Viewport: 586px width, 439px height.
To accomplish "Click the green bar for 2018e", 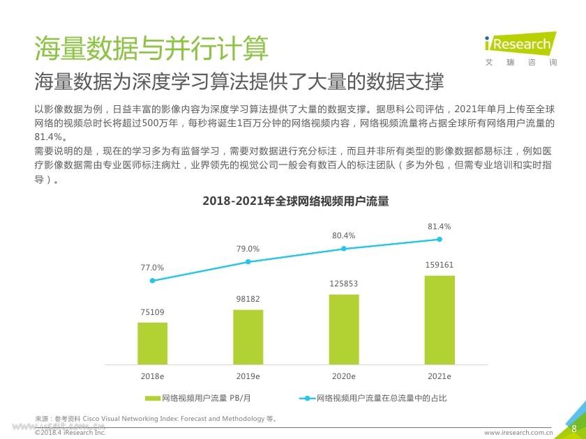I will click(x=152, y=343).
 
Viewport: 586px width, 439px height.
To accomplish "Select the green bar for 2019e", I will click(x=248, y=337).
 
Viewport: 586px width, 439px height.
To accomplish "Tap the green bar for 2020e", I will click(x=344, y=329).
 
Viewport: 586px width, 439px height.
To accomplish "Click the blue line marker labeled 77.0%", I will click(x=152, y=280).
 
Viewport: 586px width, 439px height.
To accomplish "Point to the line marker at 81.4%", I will click(x=439, y=239).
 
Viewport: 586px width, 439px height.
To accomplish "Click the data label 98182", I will click(x=248, y=299).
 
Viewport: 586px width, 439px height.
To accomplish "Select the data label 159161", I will click(x=439, y=265).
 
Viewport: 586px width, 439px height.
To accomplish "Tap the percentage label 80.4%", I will click(x=343, y=236).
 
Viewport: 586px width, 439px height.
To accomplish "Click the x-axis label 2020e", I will click(x=344, y=376).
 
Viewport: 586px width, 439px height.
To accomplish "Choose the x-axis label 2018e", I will click(x=152, y=376).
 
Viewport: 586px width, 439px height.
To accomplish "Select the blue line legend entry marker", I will click(x=307, y=399).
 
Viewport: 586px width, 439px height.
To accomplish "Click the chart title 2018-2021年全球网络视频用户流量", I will click(x=295, y=201).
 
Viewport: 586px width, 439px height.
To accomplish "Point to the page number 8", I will click(x=573, y=428).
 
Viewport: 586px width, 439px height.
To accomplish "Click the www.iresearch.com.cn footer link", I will click(x=518, y=433).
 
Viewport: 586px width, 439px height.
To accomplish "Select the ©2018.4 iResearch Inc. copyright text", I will click(x=70, y=433).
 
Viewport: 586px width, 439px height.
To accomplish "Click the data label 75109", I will click(x=152, y=311).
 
